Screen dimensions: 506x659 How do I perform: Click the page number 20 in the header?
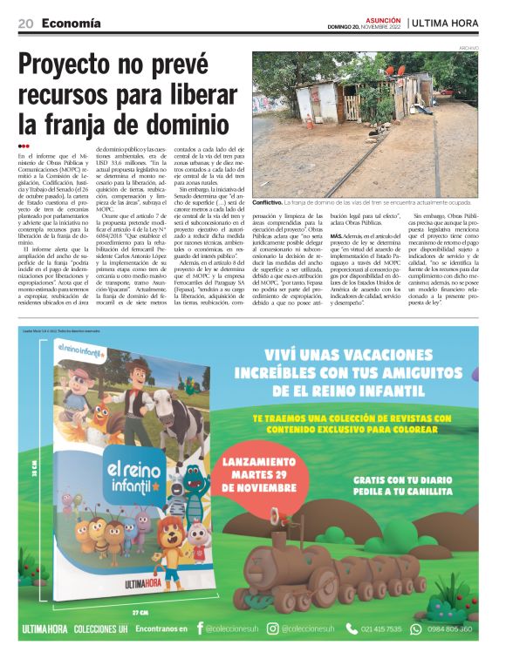click(25, 23)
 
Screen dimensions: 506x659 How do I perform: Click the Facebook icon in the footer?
click(201, 628)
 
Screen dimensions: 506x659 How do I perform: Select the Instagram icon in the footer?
click(273, 628)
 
